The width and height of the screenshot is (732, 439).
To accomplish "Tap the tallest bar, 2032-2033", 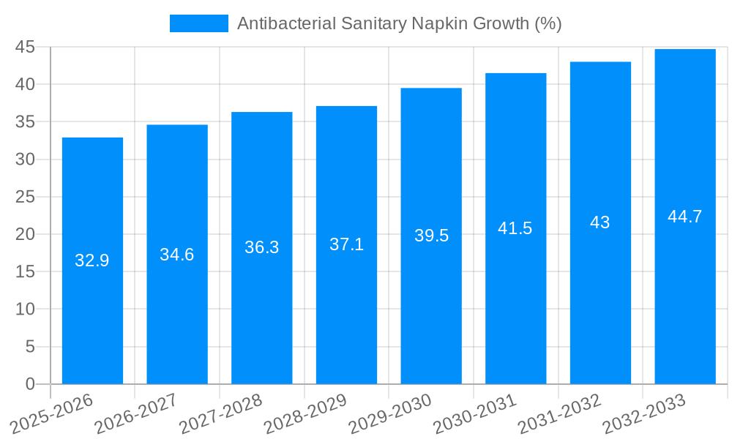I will [685, 307].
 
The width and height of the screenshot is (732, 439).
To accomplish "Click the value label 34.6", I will [177, 255].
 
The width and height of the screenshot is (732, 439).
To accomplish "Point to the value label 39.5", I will [431, 236].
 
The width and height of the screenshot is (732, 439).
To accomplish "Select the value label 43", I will [600, 222].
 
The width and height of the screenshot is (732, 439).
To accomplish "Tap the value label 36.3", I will [262, 247].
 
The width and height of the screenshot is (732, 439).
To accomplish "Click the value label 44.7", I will [685, 217].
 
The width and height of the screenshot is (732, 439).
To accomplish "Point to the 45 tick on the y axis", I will [25, 47].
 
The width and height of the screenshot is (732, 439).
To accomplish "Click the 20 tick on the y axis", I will [25, 234].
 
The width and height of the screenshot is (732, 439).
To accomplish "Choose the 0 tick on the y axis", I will [30, 384].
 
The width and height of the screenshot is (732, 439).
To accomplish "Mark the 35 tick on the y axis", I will [25, 121].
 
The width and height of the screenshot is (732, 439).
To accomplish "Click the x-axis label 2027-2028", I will [220, 413].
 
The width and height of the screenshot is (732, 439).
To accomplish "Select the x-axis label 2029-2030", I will [389, 413].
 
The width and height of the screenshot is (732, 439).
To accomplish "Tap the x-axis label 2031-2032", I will [559, 413].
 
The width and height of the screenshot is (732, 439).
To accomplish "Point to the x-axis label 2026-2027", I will [135, 413].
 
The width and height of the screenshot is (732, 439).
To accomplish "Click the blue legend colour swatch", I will [198, 23].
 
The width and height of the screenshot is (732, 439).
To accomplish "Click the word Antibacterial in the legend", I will [285, 23].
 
